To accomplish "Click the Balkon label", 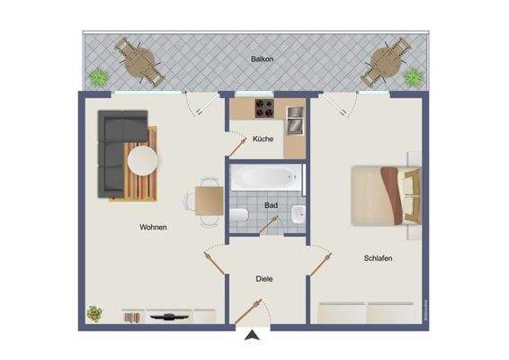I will (x=263, y=59).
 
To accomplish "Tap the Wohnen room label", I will (x=154, y=228).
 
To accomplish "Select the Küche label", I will (x=263, y=139).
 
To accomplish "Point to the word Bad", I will (x=271, y=206).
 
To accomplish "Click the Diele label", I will (x=263, y=279).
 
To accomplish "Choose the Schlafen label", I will (x=378, y=258).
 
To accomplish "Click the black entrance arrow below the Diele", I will (x=255, y=337).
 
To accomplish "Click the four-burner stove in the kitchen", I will (x=263, y=111).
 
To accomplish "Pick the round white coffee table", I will (x=143, y=162).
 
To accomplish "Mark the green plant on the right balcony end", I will (x=413, y=77).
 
